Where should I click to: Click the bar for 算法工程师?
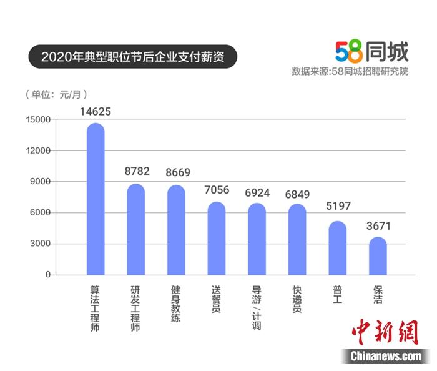pyautogui.click(x=96, y=200)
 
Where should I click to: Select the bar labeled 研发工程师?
pyautogui.click(x=136, y=230)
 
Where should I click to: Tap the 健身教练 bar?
pyautogui.click(x=176, y=230)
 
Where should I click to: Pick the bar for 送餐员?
pyautogui.click(x=217, y=239)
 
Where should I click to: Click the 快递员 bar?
pyautogui.click(x=297, y=240)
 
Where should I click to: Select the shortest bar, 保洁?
pyautogui.click(x=378, y=256)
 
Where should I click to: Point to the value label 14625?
pyautogui.click(x=96, y=112)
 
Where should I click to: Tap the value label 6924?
pyautogui.click(x=257, y=192)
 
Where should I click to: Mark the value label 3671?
pyautogui.click(x=378, y=226)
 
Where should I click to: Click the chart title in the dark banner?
pyautogui.click(x=131, y=57)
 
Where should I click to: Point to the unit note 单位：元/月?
pyautogui.click(x=56, y=95)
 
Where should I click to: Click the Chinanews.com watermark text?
pyautogui.click(x=385, y=356)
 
